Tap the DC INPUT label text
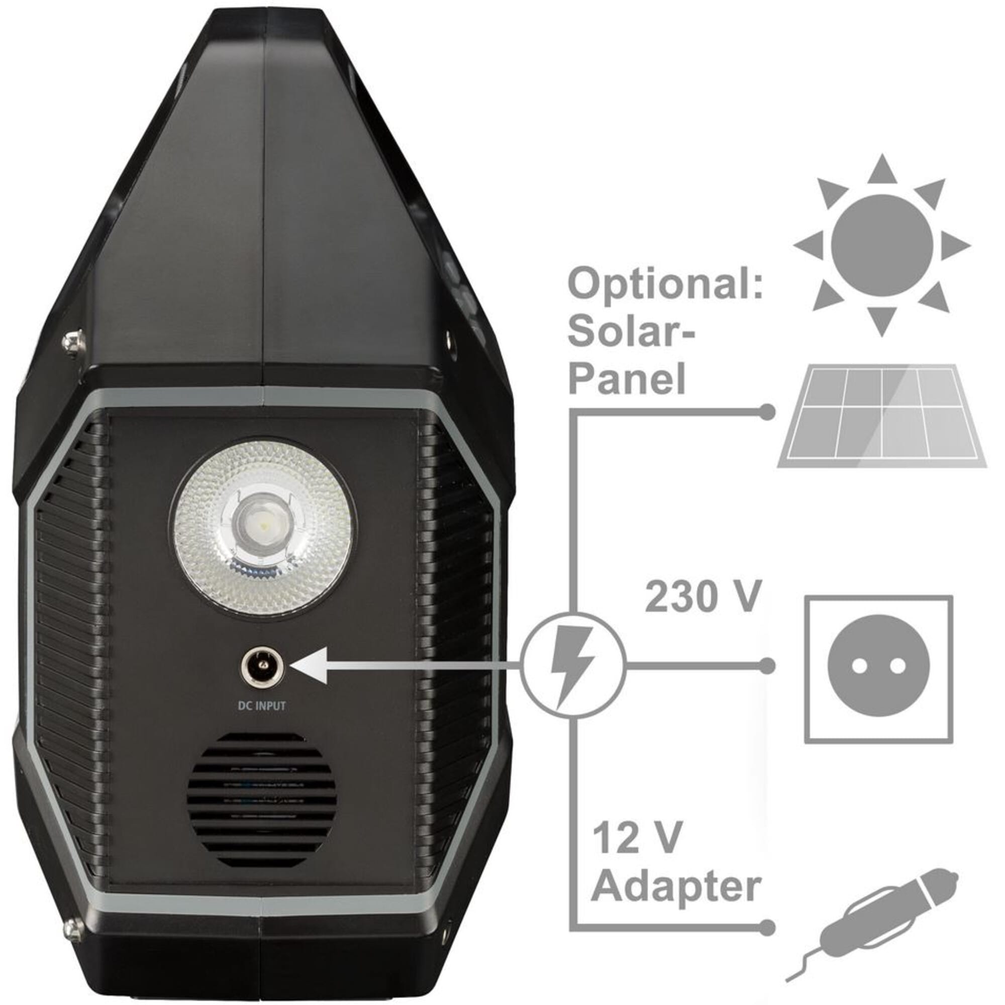click(262, 706)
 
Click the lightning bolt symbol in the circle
click(572, 667)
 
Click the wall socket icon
click(878, 669)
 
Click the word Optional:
click(665, 283)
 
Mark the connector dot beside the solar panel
click(767, 412)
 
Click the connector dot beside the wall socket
click(767, 665)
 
